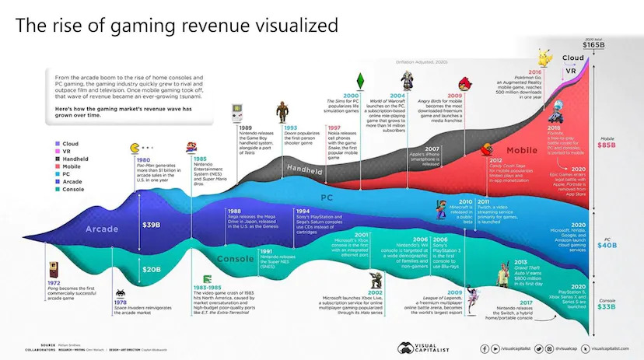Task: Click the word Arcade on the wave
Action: [101, 229]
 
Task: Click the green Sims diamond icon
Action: [359, 82]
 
